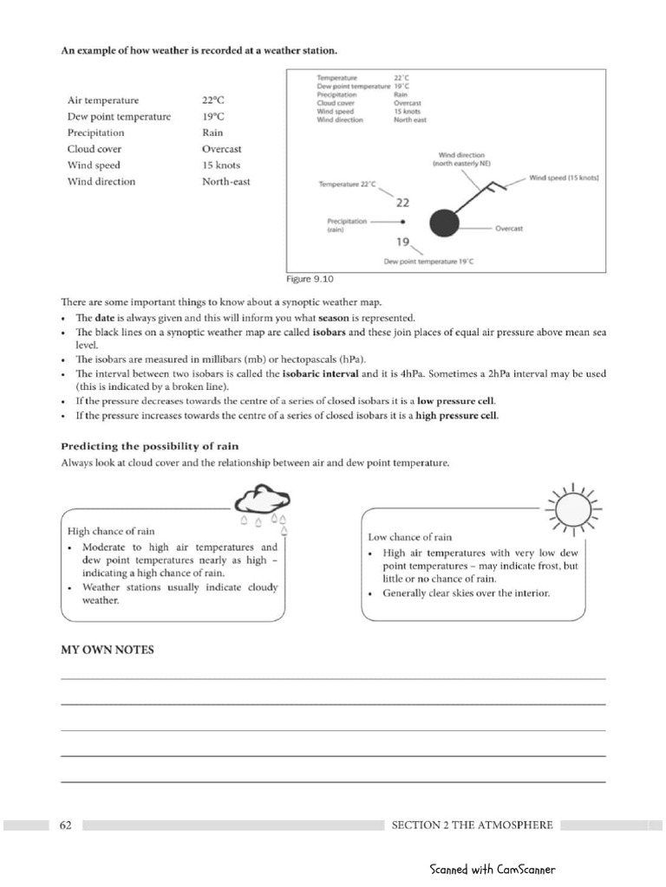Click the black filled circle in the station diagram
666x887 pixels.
pos(443,223)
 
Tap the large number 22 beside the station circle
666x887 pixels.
pos(402,203)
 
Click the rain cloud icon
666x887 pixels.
pos(264,503)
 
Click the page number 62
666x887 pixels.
pos(66,825)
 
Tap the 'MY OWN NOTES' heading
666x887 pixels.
pos(107,650)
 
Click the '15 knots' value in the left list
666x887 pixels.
pos(221,165)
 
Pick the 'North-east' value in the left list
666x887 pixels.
pos(225,182)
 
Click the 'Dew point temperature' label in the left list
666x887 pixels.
pos(119,117)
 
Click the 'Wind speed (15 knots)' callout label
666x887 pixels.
pos(565,178)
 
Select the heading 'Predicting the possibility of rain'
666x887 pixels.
pos(149,446)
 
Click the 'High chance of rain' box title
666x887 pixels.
pos(111,531)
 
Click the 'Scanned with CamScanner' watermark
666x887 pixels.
pos(492,870)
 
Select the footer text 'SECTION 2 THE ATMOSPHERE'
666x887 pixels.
pos(472,825)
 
